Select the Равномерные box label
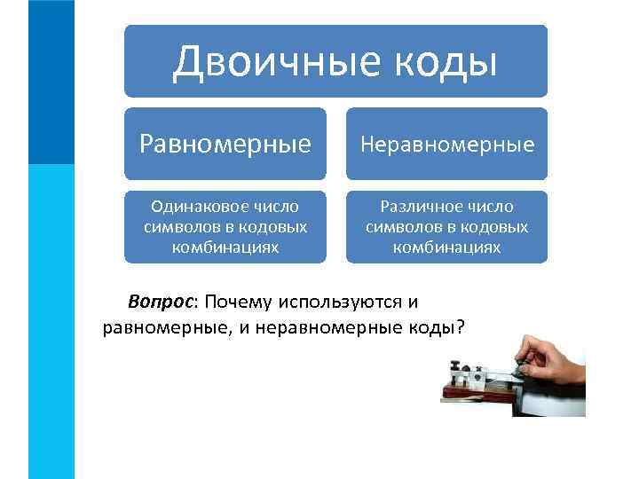click(x=225, y=144)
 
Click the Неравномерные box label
click(x=447, y=144)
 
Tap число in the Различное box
click(x=491, y=207)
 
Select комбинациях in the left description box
click(x=225, y=247)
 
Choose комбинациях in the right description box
click(x=447, y=247)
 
